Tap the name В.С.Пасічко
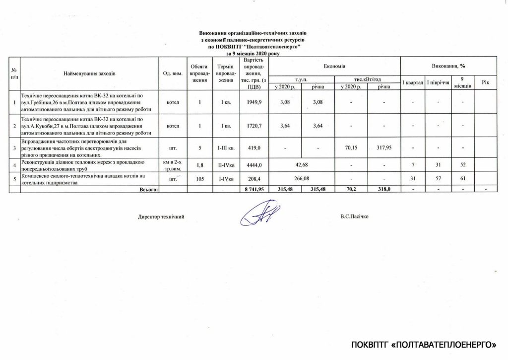click(355, 216)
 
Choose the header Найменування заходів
click(89, 73)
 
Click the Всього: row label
click(148, 189)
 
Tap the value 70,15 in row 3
click(350, 147)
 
